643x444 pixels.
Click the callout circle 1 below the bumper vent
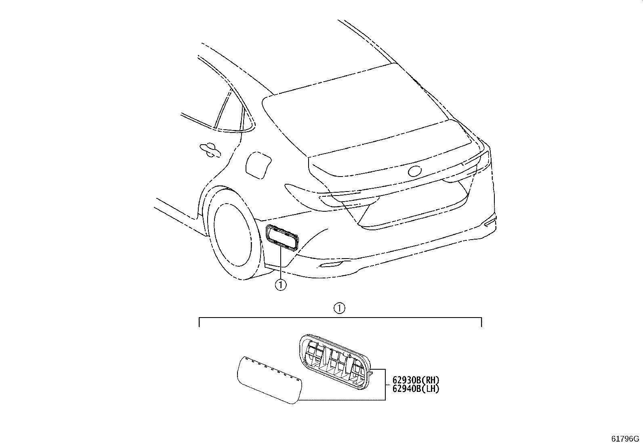pos(280,285)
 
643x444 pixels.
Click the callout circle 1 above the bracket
pos(340,308)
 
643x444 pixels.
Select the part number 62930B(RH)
pos(416,380)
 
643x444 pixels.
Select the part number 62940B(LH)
pos(416,389)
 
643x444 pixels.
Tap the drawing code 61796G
pos(625,439)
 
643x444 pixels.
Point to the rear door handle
pos(210,149)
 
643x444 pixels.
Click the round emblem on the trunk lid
pos(415,171)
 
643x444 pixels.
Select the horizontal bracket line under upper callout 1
pos(340,318)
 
